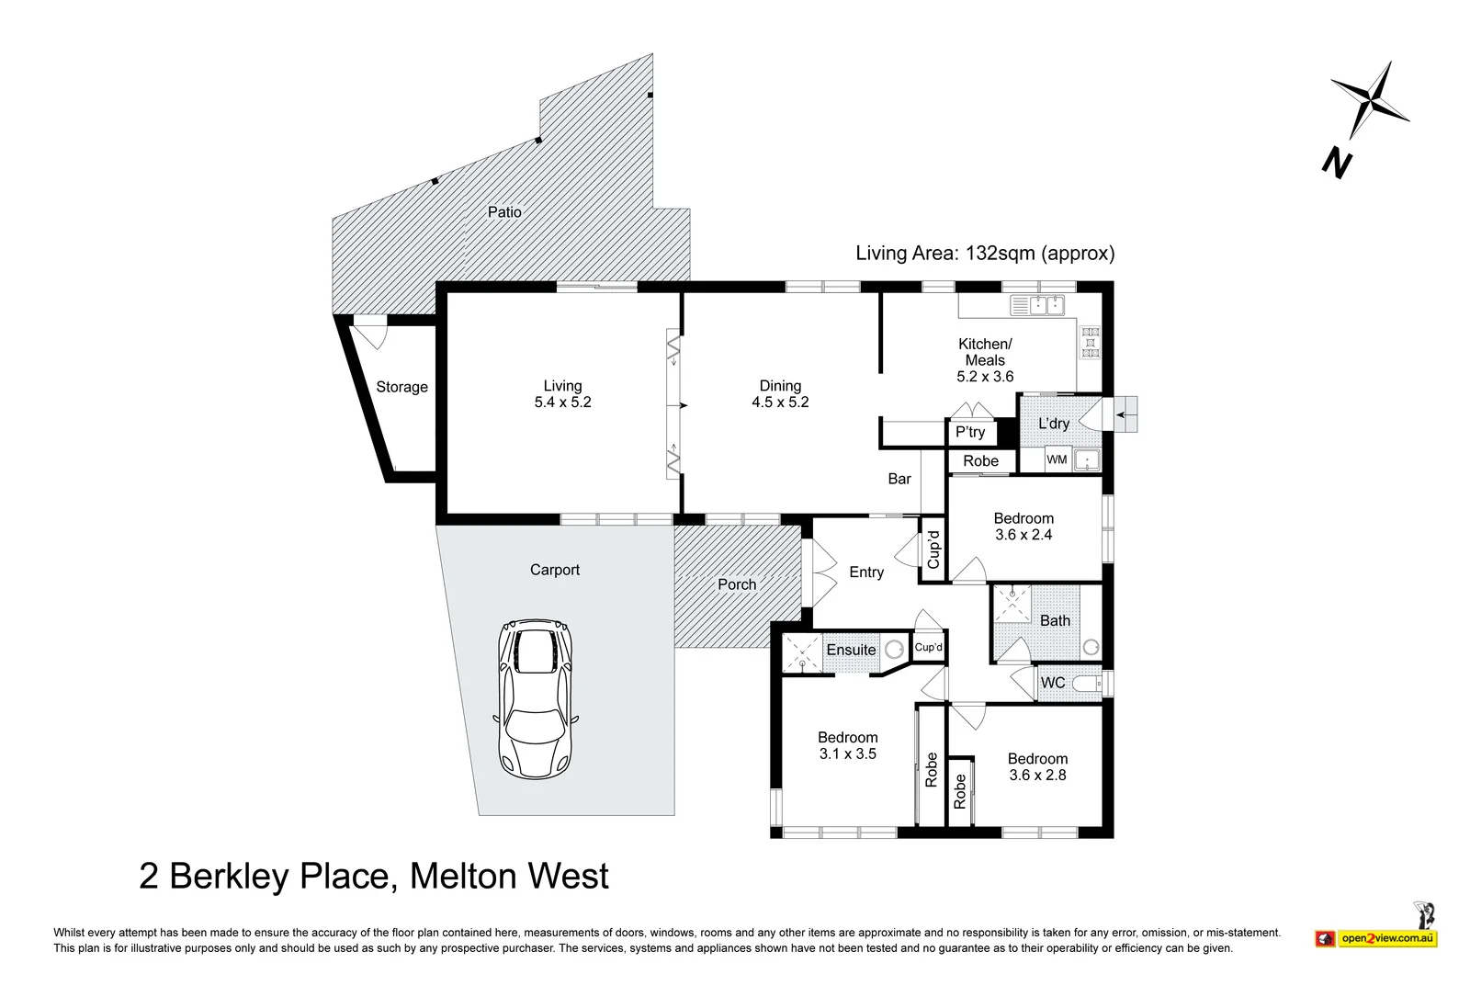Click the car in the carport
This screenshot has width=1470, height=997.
(x=536, y=699)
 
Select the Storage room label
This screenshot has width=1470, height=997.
(x=401, y=387)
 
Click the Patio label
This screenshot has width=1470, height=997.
(x=504, y=212)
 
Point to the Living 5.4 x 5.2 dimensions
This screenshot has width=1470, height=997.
(x=563, y=402)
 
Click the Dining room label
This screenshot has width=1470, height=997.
(x=780, y=386)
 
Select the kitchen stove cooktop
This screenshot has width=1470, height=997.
(x=1091, y=343)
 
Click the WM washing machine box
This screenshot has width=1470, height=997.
(x=1057, y=459)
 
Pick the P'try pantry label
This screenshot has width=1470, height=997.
(x=970, y=432)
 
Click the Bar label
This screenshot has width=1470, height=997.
(x=899, y=479)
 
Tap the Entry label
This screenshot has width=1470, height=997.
(x=866, y=572)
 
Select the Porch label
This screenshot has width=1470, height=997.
(x=737, y=584)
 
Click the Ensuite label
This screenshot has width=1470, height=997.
(x=851, y=650)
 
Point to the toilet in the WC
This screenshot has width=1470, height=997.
(x=1091, y=684)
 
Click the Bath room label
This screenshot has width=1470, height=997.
(x=1056, y=620)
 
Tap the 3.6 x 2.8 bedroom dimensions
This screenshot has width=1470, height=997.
(x=1037, y=776)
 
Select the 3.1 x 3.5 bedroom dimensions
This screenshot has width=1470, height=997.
(x=848, y=754)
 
